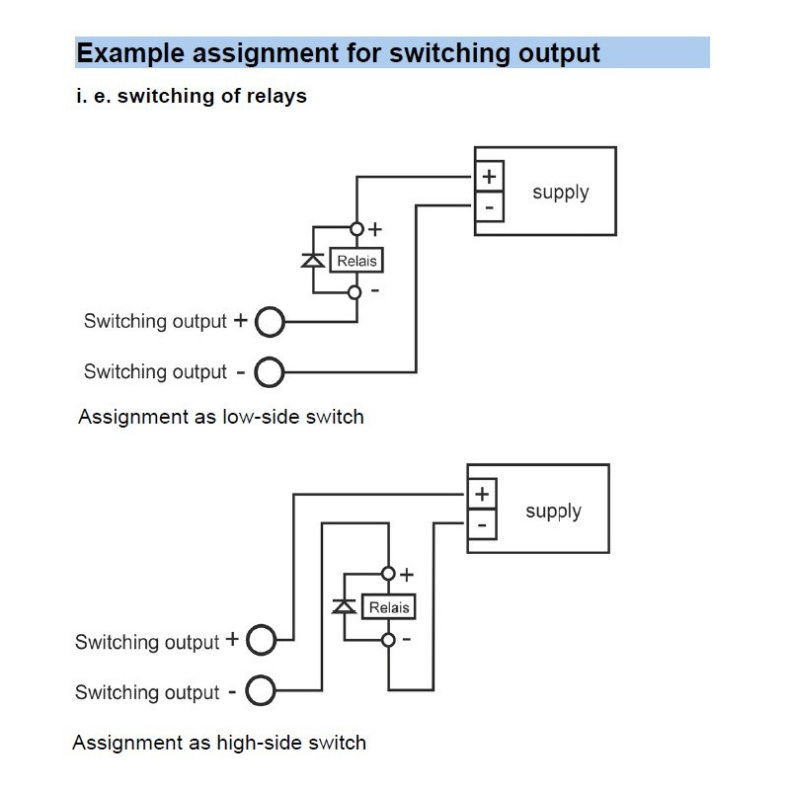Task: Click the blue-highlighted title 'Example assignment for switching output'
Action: [x=338, y=52]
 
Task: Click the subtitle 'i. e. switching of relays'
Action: [x=192, y=96]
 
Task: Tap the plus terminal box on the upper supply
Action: [x=489, y=177]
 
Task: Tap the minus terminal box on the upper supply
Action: [x=489, y=207]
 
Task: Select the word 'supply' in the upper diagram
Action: [x=560, y=193]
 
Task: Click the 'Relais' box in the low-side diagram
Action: [x=356, y=261]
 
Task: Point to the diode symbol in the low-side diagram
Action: [x=313, y=260]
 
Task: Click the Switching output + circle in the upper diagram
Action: [x=270, y=322]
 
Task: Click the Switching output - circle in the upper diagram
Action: [x=270, y=372]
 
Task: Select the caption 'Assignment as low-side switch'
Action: [x=220, y=417]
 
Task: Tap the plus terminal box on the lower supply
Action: [x=482, y=494]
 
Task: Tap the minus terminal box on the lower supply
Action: [x=482, y=524]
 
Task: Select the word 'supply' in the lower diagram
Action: [x=553, y=512]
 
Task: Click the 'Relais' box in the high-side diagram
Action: [x=388, y=607]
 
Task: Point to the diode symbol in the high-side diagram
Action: [x=345, y=606]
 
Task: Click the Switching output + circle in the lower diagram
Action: [x=261, y=641]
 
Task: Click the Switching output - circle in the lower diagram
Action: [x=261, y=691]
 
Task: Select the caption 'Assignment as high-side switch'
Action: [x=219, y=743]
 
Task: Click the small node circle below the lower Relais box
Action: [x=388, y=640]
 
